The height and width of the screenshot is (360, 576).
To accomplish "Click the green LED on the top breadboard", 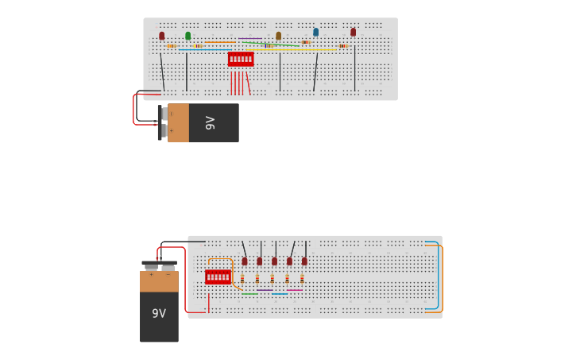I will (188, 36).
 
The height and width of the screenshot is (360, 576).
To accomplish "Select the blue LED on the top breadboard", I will (315, 33).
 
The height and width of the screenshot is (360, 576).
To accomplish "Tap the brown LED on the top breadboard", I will (279, 36).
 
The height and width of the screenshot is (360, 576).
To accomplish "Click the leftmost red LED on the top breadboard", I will (162, 36).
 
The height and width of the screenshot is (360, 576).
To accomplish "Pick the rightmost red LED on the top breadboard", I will (354, 33).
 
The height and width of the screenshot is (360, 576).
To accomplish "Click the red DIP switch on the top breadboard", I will (241, 59).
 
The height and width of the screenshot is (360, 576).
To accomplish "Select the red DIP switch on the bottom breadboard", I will (218, 277).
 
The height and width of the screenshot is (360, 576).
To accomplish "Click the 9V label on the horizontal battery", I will (211, 122).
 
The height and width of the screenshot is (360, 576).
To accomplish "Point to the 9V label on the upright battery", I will (159, 314).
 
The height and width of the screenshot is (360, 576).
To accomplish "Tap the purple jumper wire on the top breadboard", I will (249, 38).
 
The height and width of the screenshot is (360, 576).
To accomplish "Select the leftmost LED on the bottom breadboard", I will (245, 261).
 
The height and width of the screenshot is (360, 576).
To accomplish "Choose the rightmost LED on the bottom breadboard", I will (304, 261).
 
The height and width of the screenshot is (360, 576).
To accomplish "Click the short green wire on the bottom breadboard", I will (249, 294).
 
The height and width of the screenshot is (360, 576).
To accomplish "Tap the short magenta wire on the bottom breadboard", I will (295, 290).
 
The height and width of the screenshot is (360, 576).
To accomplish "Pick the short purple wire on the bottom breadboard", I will (265, 290).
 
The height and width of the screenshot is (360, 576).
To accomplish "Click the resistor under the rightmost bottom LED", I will (302, 278).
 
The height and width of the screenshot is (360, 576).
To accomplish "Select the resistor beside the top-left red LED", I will (171, 46).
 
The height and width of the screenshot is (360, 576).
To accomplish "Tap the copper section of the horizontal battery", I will (178, 122).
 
